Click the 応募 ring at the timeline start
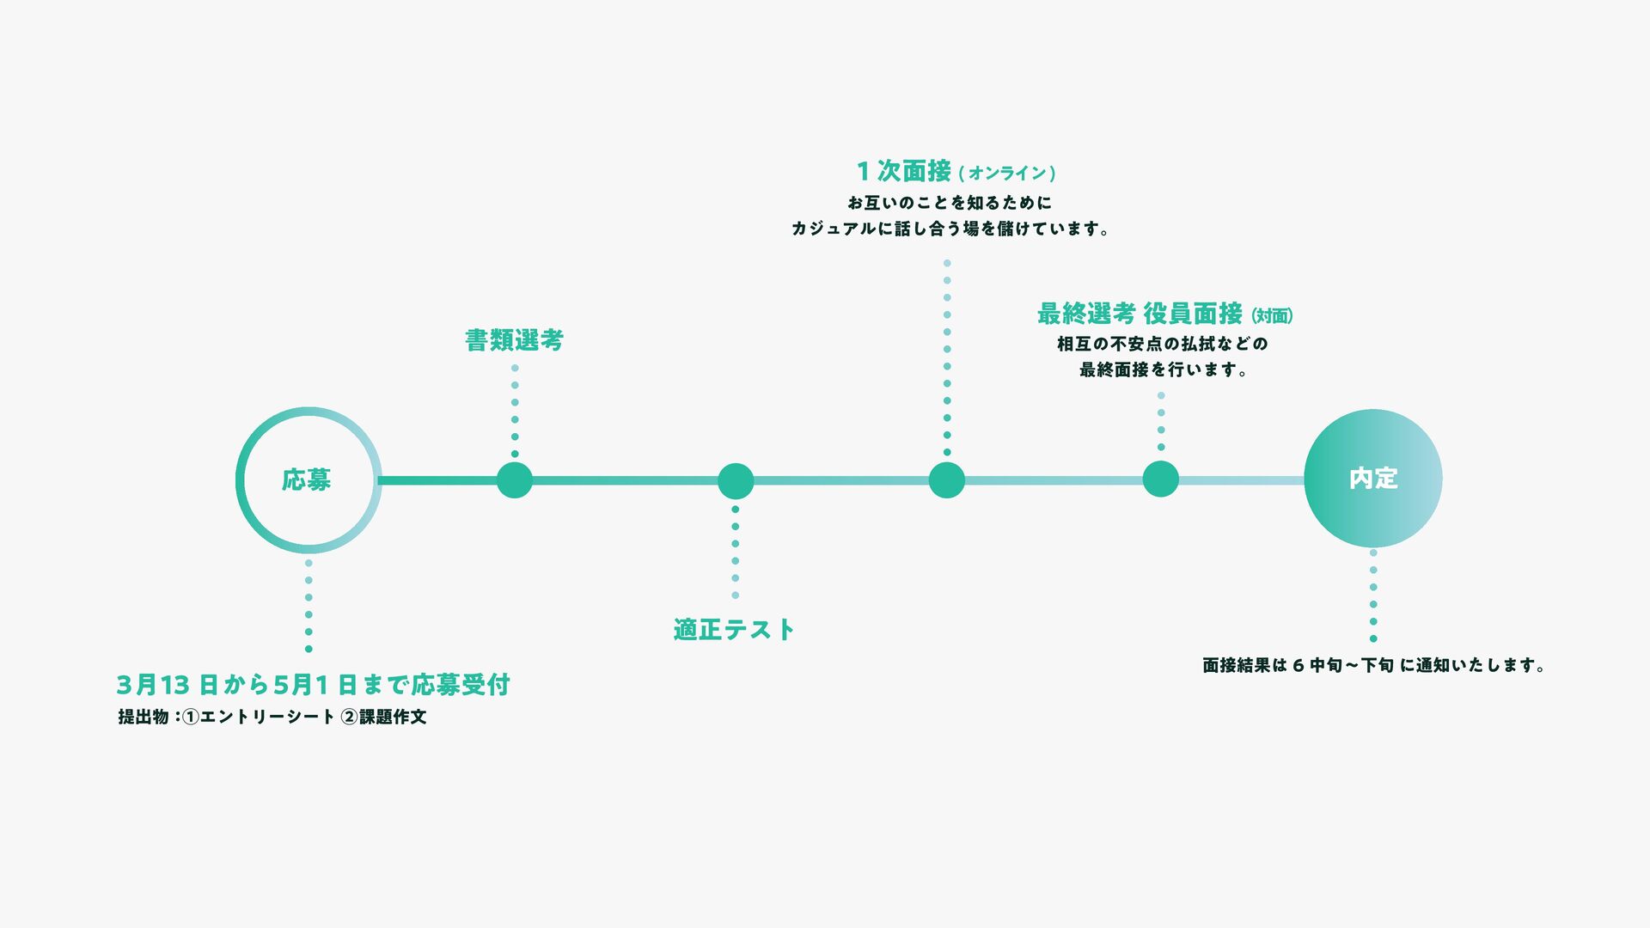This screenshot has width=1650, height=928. [308, 479]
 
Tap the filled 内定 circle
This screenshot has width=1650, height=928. [1372, 479]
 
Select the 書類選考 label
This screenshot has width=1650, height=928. [514, 340]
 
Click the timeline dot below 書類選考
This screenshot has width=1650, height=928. [515, 479]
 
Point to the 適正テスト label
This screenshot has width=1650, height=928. [734, 630]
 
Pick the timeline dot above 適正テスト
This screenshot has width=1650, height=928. [736, 481]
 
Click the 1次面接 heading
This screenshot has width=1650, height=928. [904, 171]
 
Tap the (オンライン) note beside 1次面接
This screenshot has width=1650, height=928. [1007, 174]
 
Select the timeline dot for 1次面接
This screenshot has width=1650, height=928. [947, 479]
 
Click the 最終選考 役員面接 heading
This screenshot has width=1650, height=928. [1140, 314]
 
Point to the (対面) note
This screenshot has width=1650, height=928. [1272, 316]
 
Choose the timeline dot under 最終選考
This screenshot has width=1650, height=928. [1161, 479]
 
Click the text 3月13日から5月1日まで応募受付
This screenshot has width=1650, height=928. [314, 685]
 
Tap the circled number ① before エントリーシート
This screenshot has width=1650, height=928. [191, 717]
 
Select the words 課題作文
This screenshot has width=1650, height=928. [393, 717]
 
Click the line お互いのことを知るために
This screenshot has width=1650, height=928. [950, 203]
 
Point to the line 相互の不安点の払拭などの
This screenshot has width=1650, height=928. [1162, 344]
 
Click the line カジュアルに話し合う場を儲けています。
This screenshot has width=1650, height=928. [950, 229]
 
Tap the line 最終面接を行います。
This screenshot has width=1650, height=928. [1163, 369]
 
